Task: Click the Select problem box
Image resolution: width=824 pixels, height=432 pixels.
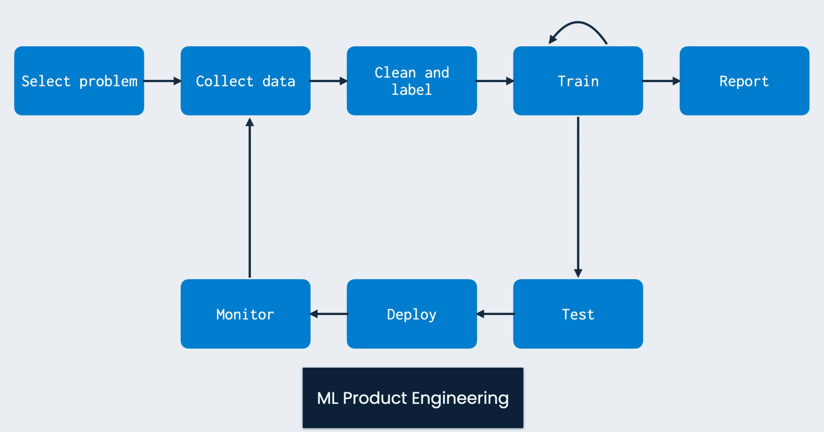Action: tap(79, 81)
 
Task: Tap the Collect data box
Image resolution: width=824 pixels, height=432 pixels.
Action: tap(245, 81)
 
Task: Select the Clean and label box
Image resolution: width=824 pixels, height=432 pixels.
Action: tap(412, 81)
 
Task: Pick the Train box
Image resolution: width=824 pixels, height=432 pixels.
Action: tap(578, 81)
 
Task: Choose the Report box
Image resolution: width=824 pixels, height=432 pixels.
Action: tap(744, 81)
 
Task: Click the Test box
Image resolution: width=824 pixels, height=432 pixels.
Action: tap(578, 314)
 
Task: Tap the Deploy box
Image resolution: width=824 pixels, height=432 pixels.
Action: tap(412, 314)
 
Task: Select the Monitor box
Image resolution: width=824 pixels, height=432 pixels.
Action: tap(245, 314)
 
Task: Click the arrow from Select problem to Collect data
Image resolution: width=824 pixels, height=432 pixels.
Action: tap(162, 81)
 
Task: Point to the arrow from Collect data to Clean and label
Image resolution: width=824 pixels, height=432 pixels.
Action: tap(328, 81)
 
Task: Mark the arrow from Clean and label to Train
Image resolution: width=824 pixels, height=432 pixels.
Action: tap(495, 81)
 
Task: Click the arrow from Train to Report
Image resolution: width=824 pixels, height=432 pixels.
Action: tap(661, 81)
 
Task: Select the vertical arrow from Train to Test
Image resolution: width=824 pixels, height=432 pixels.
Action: tap(578, 197)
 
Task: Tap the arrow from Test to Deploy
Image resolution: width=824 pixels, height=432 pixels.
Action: tap(495, 314)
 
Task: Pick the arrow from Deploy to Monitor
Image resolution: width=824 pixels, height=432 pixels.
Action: tap(329, 314)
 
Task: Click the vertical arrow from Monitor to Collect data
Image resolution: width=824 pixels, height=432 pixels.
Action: tap(250, 197)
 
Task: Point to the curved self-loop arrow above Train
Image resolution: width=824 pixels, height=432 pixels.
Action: tap(578, 22)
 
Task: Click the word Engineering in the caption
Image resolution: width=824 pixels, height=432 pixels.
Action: tap(460, 399)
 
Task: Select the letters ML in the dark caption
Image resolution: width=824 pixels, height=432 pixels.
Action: tap(328, 398)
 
